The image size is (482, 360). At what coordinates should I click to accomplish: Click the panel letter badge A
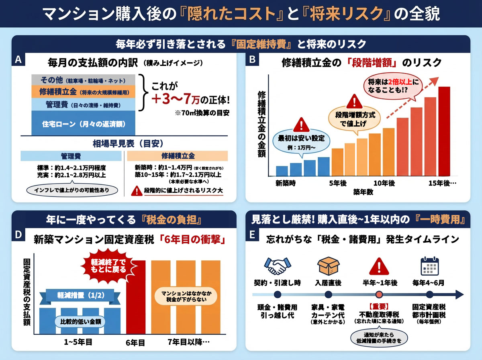[x=18, y=60]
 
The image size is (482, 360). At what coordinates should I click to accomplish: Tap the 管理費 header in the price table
[x=71, y=156]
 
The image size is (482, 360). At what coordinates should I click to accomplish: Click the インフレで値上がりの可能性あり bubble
[x=71, y=189]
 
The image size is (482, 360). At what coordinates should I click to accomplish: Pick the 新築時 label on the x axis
[x=286, y=183]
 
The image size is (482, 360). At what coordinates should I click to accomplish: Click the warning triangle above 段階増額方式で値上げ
[x=354, y=100]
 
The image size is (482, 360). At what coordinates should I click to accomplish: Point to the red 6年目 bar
[x=136, y=297]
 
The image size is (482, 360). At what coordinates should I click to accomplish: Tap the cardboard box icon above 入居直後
[x=328, y=266]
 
